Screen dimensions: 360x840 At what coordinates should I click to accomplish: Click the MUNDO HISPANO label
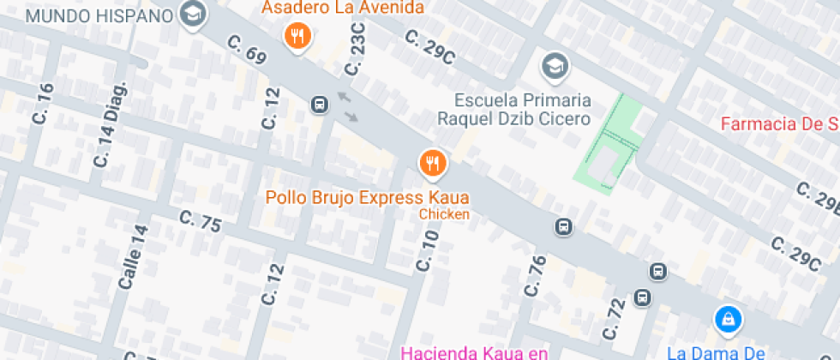pyautogui.click(x=100, y=15)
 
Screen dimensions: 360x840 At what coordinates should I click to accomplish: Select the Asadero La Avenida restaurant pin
pyautogui.click(x=297, y=35)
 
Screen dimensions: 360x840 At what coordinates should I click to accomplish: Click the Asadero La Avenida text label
pyautogui.click(x=343, y=9)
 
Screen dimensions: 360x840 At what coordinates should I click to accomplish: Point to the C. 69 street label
pyautogui.click(x=246, y=48)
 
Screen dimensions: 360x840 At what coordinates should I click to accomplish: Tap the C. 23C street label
pyautogui.click(x=357, y=49)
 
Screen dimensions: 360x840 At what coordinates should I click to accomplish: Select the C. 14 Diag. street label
pyautogui.click(x=112, y=125)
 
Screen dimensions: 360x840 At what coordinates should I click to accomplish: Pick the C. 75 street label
pyautogui.click(x=201, y=221)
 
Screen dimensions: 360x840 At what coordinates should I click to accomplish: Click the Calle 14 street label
pyautogui.click(x=134, y=257)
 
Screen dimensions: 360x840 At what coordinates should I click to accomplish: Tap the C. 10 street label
pyautogui.click(x=426, y=250)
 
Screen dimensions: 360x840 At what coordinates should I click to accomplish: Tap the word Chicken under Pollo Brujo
pyautogui.click(x=444, y=214)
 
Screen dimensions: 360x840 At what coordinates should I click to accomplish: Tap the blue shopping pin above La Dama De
pyautogui.click(x=728, y=320)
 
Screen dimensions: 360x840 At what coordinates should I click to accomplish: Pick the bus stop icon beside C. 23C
pyautogui.click(x=319, y=105)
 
